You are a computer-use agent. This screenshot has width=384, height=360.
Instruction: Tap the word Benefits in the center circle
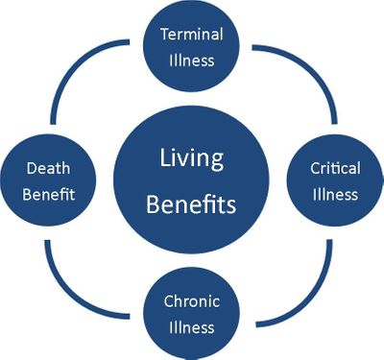click(x=192, y=204)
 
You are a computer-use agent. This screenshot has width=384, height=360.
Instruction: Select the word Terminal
click(x=191, y=34)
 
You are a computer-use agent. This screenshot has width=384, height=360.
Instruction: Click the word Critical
click(x=335, y=169)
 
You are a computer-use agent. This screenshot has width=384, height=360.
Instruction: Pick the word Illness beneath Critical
click(x=335, y=194)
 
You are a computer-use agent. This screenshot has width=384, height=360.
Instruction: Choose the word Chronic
click(x=191, y=301)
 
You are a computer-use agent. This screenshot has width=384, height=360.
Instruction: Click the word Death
click(x=47, y=170)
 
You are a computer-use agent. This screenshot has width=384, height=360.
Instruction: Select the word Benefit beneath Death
click(x=47, y=194)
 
